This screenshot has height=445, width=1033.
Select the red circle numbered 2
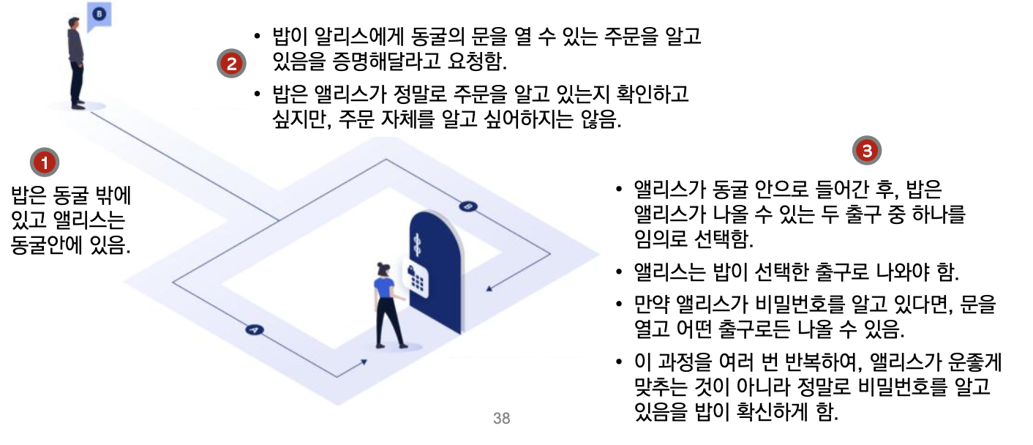click(230, 63)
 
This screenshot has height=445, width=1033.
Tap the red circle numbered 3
click(867, 152)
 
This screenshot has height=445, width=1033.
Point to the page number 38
click(502, 419)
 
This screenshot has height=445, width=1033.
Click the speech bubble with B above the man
click(99, 15)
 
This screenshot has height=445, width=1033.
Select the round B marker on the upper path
click(468, 206)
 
